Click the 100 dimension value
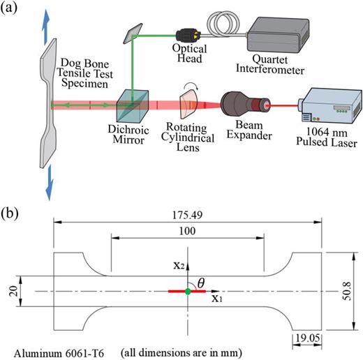(x=186, y=230)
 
